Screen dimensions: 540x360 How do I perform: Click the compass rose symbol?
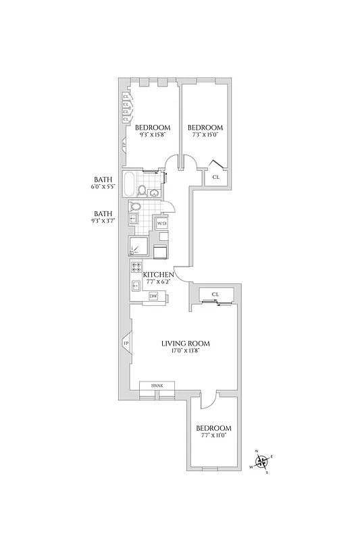coord(262,462)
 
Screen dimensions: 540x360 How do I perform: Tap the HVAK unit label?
coord(157,385)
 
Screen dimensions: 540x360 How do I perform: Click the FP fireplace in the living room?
coord(126,344)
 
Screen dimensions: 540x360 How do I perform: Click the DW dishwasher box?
coord(153,296)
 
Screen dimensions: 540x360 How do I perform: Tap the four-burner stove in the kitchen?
coord(136,267)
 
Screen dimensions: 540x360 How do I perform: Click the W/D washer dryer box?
coord(161,223)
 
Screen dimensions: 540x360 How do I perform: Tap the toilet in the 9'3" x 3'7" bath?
coord(135,207)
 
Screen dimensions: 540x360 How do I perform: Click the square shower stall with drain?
coord(138,245)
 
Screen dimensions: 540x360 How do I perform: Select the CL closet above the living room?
coord(215,294)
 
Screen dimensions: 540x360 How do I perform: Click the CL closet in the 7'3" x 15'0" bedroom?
coord(216,177)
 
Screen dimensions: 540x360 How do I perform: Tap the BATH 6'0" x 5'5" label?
coord(103,183)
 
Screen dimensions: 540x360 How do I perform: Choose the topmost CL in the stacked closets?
coord(126,97)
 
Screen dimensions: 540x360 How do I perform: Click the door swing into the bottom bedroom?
coord(208,400)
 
